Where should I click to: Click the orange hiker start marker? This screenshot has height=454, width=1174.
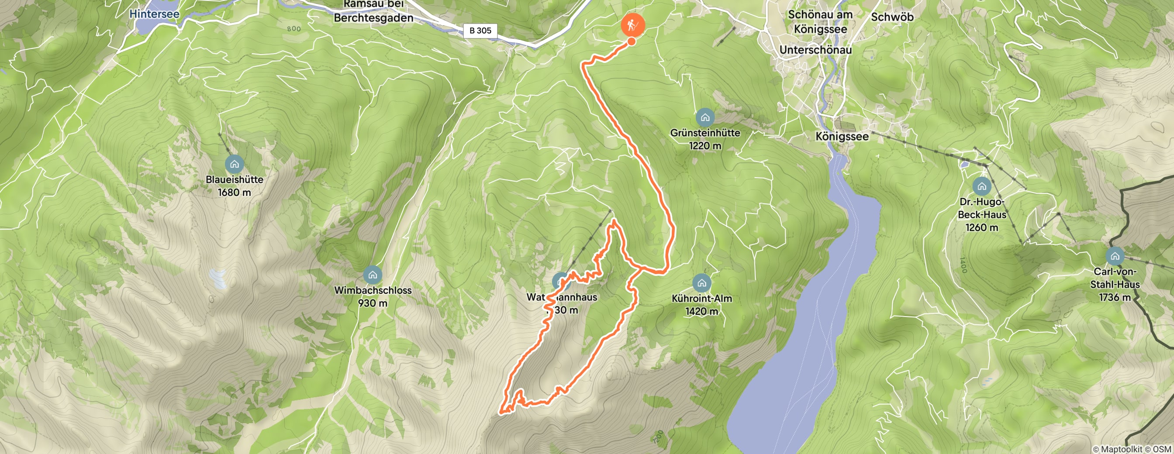click(632, 24)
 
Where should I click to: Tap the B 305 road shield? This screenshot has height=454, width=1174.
click(480, 31)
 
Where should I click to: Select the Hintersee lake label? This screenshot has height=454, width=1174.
click(155, 14)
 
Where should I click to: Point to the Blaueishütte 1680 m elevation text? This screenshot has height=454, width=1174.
click(234, 192)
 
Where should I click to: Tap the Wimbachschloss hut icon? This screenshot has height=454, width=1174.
click(373, 275)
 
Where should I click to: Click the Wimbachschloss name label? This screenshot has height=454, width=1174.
click(373, 290)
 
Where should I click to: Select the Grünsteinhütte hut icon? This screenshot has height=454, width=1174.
click(704, 117)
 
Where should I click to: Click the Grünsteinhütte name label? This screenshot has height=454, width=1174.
click(704, 133)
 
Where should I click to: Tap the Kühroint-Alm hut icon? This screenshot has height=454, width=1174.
click(701, 283)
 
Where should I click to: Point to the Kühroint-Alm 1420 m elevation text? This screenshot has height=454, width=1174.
click(701, 312)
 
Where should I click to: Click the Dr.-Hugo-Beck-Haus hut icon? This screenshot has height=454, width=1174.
click(981, 186)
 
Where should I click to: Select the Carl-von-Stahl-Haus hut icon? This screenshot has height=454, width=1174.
click(1115, 256)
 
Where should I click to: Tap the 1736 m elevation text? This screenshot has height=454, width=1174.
click(1115, 297)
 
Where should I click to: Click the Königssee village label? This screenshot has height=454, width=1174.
click(842, 136)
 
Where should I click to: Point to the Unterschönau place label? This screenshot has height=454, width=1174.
click(815, 50)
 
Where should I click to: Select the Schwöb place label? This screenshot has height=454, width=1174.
click(892, 17)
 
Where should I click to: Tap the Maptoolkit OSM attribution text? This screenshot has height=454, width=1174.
click(1132, 450)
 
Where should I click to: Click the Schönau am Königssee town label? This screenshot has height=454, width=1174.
click(820, 21)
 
